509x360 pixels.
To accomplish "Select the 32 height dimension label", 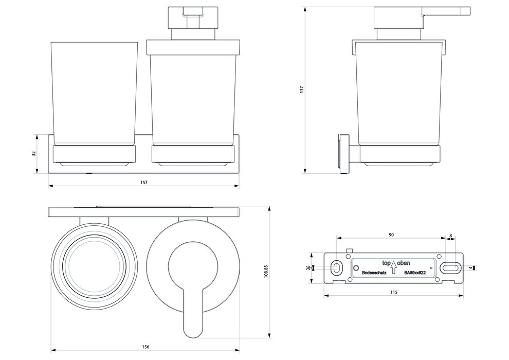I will coord(34,154).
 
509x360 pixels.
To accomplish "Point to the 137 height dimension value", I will coord(303,89).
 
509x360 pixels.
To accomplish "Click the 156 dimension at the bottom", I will coord(146,346).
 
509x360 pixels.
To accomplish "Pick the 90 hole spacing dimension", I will coord(391,235).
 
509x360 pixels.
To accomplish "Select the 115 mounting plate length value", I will coord(393,292).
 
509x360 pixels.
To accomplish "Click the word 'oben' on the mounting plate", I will coord(404,262).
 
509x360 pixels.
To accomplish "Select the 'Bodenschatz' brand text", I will coord(374,273).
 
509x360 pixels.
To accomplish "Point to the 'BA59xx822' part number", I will coord(415,273).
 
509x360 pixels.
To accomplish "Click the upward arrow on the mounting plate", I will coord(393,267).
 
